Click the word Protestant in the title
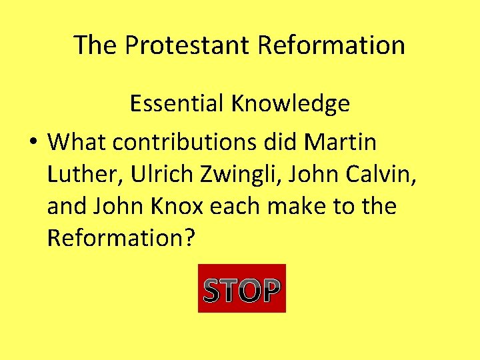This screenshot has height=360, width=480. click(187, 45)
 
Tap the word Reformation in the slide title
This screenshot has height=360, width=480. click(331, 45)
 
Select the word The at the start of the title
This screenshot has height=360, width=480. click(96, 45)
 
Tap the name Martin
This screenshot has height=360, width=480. click(340, 142)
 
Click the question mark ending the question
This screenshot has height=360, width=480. click(188, 238)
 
